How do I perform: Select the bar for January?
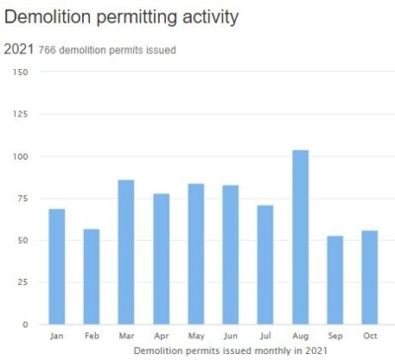coord(57,266)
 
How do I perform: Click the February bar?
coord(92,277)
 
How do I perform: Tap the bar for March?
coord(126,252)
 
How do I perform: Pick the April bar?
coord(161,259)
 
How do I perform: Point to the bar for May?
coord(197,254)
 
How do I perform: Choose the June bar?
coord(231,254)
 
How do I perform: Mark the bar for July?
coord(266,265)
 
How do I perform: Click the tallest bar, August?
coord(300,238)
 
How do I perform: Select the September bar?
coord(335,280)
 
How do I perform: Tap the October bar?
coord(369,277)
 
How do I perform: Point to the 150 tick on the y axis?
coord(21,72)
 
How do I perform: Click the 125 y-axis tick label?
coord(21,114)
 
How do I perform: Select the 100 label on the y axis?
coord(21,156)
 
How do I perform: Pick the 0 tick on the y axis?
coord(26,324)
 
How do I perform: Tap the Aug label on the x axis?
coord(300,335)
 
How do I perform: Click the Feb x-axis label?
coord(92,335)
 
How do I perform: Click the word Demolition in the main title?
coord(47,17)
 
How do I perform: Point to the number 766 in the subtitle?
coord(47,50)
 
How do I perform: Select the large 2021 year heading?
coord(19,49)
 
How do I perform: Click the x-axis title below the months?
coord(230,351)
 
